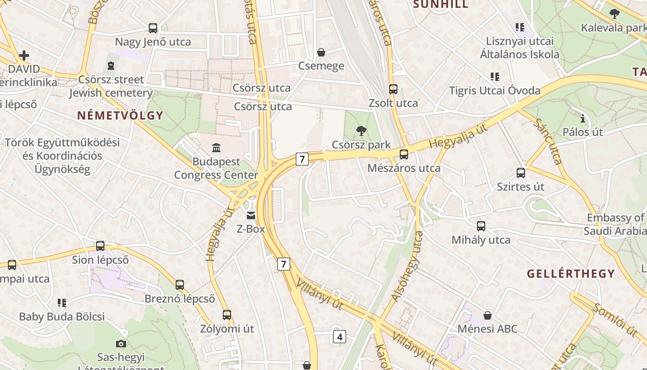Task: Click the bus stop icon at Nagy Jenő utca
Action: pos(153,28)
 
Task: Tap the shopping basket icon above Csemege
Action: pos(321,52)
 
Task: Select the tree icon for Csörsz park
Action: pos(361,131)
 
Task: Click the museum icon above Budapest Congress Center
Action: pos(216,148)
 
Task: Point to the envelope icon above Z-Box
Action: pos(250,215)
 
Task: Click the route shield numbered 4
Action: pos(340,337)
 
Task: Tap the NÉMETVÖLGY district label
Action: pos(120,116)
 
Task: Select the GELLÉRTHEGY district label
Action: pos(571,273)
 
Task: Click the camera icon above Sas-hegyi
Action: pos(121,344)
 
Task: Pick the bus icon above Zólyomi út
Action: pos(226,315)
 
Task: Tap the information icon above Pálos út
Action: pos(582,119)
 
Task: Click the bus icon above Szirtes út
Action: pos(521,173)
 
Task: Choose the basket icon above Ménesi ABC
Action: pos(487,315)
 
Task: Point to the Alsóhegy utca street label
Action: pos(407,266)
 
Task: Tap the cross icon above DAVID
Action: pos(24,56)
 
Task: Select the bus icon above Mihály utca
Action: pos(481,226)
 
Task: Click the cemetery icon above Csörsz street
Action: pos(110,66)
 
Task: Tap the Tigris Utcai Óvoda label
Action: pos(494,91)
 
